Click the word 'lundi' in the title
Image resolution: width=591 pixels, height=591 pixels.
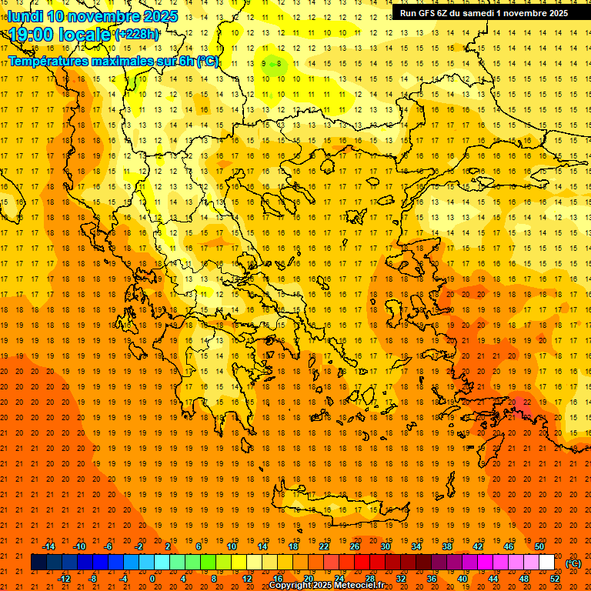click(25, 16)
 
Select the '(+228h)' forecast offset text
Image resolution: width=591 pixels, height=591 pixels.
click(137, 34)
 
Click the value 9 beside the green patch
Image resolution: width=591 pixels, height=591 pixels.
click(264, 64)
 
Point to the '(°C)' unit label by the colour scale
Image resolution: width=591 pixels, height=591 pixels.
click(573, 563)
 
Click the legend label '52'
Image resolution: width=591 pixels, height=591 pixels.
click(555, 578)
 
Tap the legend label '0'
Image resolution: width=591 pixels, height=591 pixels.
click(152, 578)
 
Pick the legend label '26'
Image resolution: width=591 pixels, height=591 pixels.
click(355, 546)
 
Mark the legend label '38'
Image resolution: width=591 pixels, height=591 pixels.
click(447, 546)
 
